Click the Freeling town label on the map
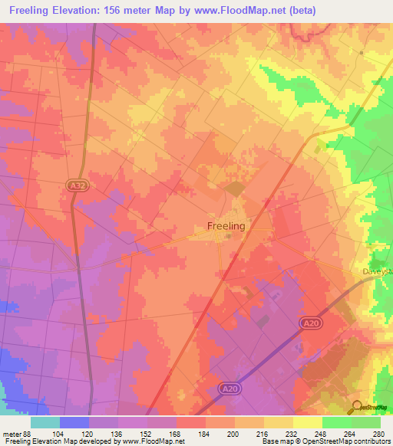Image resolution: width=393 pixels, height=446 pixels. click(x=226, y=226)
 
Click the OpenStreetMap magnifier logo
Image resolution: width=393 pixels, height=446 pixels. click(x=358, y=406)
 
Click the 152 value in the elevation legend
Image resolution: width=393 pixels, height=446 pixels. click(x=147, y=433)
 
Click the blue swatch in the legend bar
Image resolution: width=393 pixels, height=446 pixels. click(x=74, y=422)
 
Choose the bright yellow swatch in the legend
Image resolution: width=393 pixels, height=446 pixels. click(x=308, y=422)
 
